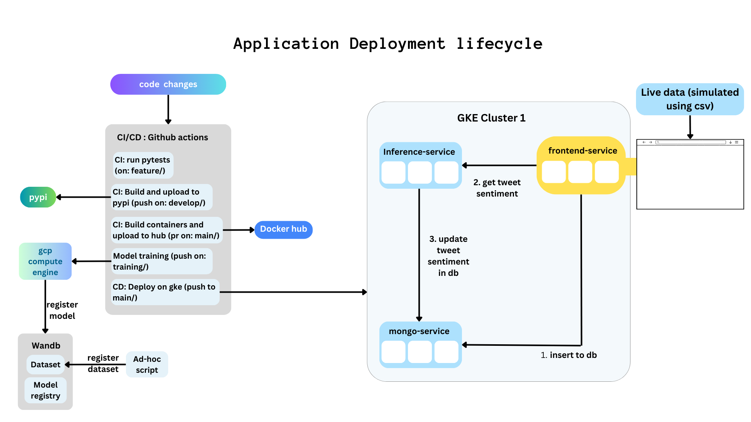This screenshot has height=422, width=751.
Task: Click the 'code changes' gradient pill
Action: click(168, 84)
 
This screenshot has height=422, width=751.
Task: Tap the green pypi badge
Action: click(38, 197)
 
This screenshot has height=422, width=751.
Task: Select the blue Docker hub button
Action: click(283, 229)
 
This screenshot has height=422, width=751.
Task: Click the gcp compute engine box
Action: click(45, 261)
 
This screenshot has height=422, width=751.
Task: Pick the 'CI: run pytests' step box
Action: click(143, 165)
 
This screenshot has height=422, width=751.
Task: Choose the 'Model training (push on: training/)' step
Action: click(162, 261)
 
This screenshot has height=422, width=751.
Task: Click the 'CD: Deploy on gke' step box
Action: click(165, 292)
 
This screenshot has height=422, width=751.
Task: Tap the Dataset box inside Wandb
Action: click(45, 365)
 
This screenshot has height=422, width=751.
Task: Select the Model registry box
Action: click(45, 390)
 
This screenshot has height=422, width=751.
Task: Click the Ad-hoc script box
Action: click(147, 365)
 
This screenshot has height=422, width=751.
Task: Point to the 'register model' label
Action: click(62, 310)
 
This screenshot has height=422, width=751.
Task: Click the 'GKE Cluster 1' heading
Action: click(491, 118)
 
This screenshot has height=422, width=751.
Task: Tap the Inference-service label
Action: click(419, 152)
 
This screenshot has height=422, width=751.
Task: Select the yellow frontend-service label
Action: click(582, 151)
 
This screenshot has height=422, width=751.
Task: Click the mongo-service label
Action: click(419, 331)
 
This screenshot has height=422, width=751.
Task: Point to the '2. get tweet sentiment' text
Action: click(497, 188)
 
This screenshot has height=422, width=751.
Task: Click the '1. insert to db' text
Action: click(569, 355)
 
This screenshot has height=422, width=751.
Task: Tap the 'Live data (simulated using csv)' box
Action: click(690, 99)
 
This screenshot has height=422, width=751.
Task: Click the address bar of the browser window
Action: click(691, 142)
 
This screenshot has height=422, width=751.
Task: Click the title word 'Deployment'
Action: click(397, 44)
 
